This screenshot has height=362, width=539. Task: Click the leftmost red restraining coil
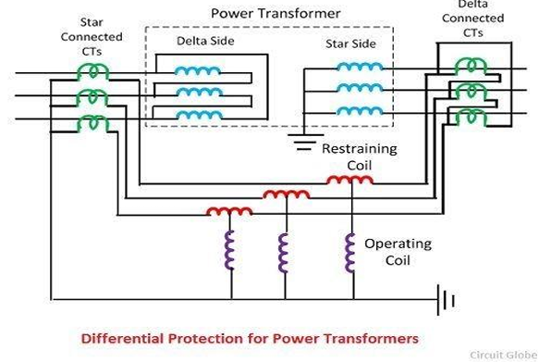tap(228, 211)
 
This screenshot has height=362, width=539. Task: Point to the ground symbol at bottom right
tap(447, 298)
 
